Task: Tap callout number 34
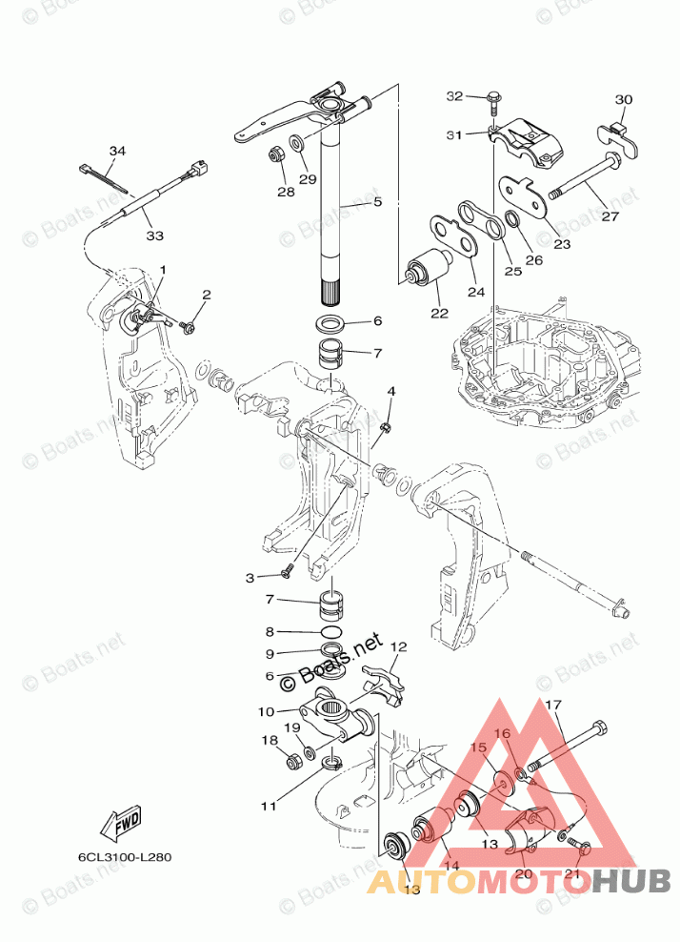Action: [117, 152]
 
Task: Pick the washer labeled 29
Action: [296, 144]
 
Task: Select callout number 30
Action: [623, 100]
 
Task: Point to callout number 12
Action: [398, 646]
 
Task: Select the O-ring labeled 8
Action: [330, 632]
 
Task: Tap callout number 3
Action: [251, 578]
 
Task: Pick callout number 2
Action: [206, 295]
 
